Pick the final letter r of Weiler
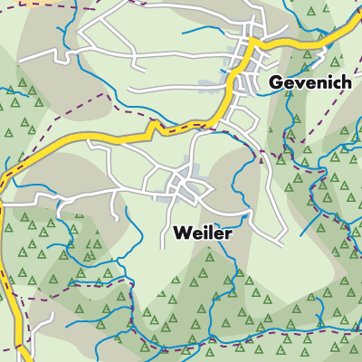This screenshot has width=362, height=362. tap(229, 233)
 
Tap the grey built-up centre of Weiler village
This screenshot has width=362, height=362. tap(186, 186)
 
